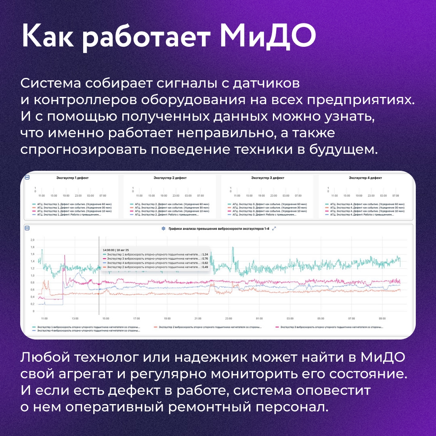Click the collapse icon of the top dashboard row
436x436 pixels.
click(x=27, y=178)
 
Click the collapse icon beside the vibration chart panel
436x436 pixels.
click(x=27, y=228)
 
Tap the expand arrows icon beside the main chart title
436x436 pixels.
click(x=274, y=228)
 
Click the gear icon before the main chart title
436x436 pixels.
click(x=163, y=228)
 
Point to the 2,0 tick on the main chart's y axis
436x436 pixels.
click(x=33, y=240)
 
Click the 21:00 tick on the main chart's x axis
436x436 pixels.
click(x=197, y=318)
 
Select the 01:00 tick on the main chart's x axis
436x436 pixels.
click(x=259, y=318)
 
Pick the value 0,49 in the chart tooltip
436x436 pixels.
click(x=205, y=267)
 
